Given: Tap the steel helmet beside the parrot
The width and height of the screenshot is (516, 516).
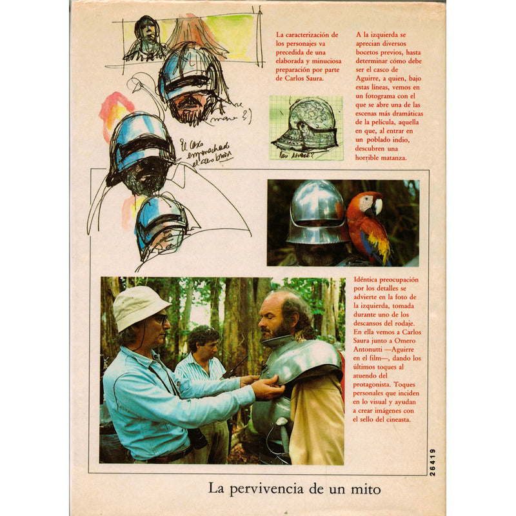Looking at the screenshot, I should [317, 213].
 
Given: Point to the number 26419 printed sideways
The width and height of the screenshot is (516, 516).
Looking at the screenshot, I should [432, 462].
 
